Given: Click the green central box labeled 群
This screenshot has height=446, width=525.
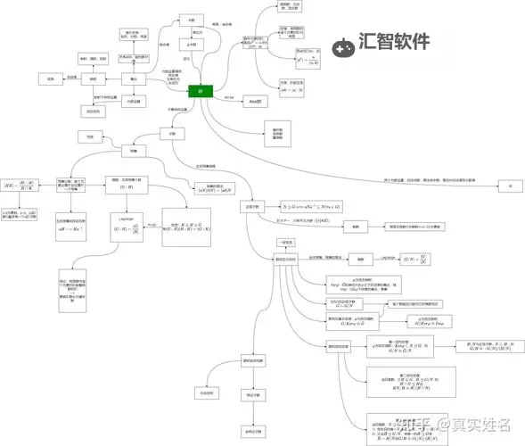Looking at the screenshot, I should pyautogui.click(x=201, y=92).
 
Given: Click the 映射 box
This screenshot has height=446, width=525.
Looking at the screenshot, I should pyautogui.click(x=94, y=79).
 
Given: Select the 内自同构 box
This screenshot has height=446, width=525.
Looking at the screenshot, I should pyautogui.click(x=208, y=391).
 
